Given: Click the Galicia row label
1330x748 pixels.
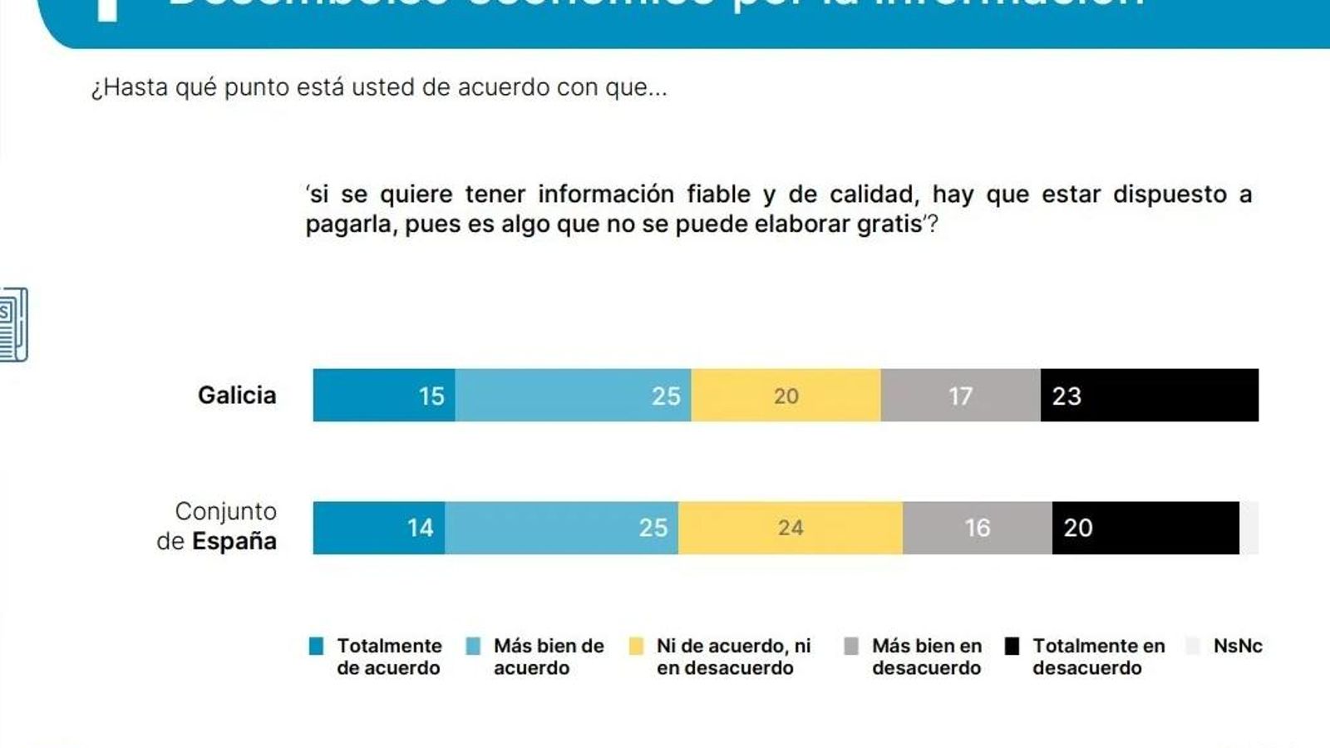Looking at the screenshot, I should (237, 395).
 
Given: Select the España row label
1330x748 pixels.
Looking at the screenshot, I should (218, 526).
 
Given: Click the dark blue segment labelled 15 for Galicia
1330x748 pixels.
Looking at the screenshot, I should (383, 395).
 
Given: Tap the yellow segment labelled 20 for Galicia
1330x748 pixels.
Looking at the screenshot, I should (786, 395).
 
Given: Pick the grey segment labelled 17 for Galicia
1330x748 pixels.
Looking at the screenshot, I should (960, 395).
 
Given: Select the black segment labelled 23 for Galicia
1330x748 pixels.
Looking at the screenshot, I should (1149, 395).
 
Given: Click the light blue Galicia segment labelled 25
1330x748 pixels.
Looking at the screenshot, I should (573, 395).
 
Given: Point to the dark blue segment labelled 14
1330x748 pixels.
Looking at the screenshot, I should (378, 527).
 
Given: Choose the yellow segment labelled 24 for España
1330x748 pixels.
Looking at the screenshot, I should (790, 527).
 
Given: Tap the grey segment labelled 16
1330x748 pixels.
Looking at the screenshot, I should (977, 527).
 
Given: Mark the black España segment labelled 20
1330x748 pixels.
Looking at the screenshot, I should (1145, 527).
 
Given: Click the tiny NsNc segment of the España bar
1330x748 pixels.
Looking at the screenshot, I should (1249, 527).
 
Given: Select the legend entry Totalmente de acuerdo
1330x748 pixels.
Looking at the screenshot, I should (388, 657).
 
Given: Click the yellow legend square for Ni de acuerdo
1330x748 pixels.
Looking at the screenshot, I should (636, 647).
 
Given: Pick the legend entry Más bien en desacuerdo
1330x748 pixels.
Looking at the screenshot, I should (926, 657).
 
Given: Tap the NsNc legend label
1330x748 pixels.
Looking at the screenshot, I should (1237, 646).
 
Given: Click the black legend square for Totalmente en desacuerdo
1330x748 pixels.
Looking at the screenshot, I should (1012, 647).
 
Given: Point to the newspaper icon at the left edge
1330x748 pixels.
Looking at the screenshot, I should (14, 324).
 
